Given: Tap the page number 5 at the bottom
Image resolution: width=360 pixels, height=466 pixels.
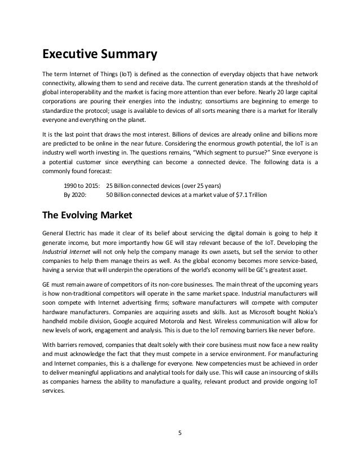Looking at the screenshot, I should pyautogui.click(x=179, y=433).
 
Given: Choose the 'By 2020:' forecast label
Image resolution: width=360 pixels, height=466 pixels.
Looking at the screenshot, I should pyautogui.click(x=75, y=195).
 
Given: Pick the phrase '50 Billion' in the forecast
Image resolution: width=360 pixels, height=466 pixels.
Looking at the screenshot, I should pyautogui.click(x=120, y=195).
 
